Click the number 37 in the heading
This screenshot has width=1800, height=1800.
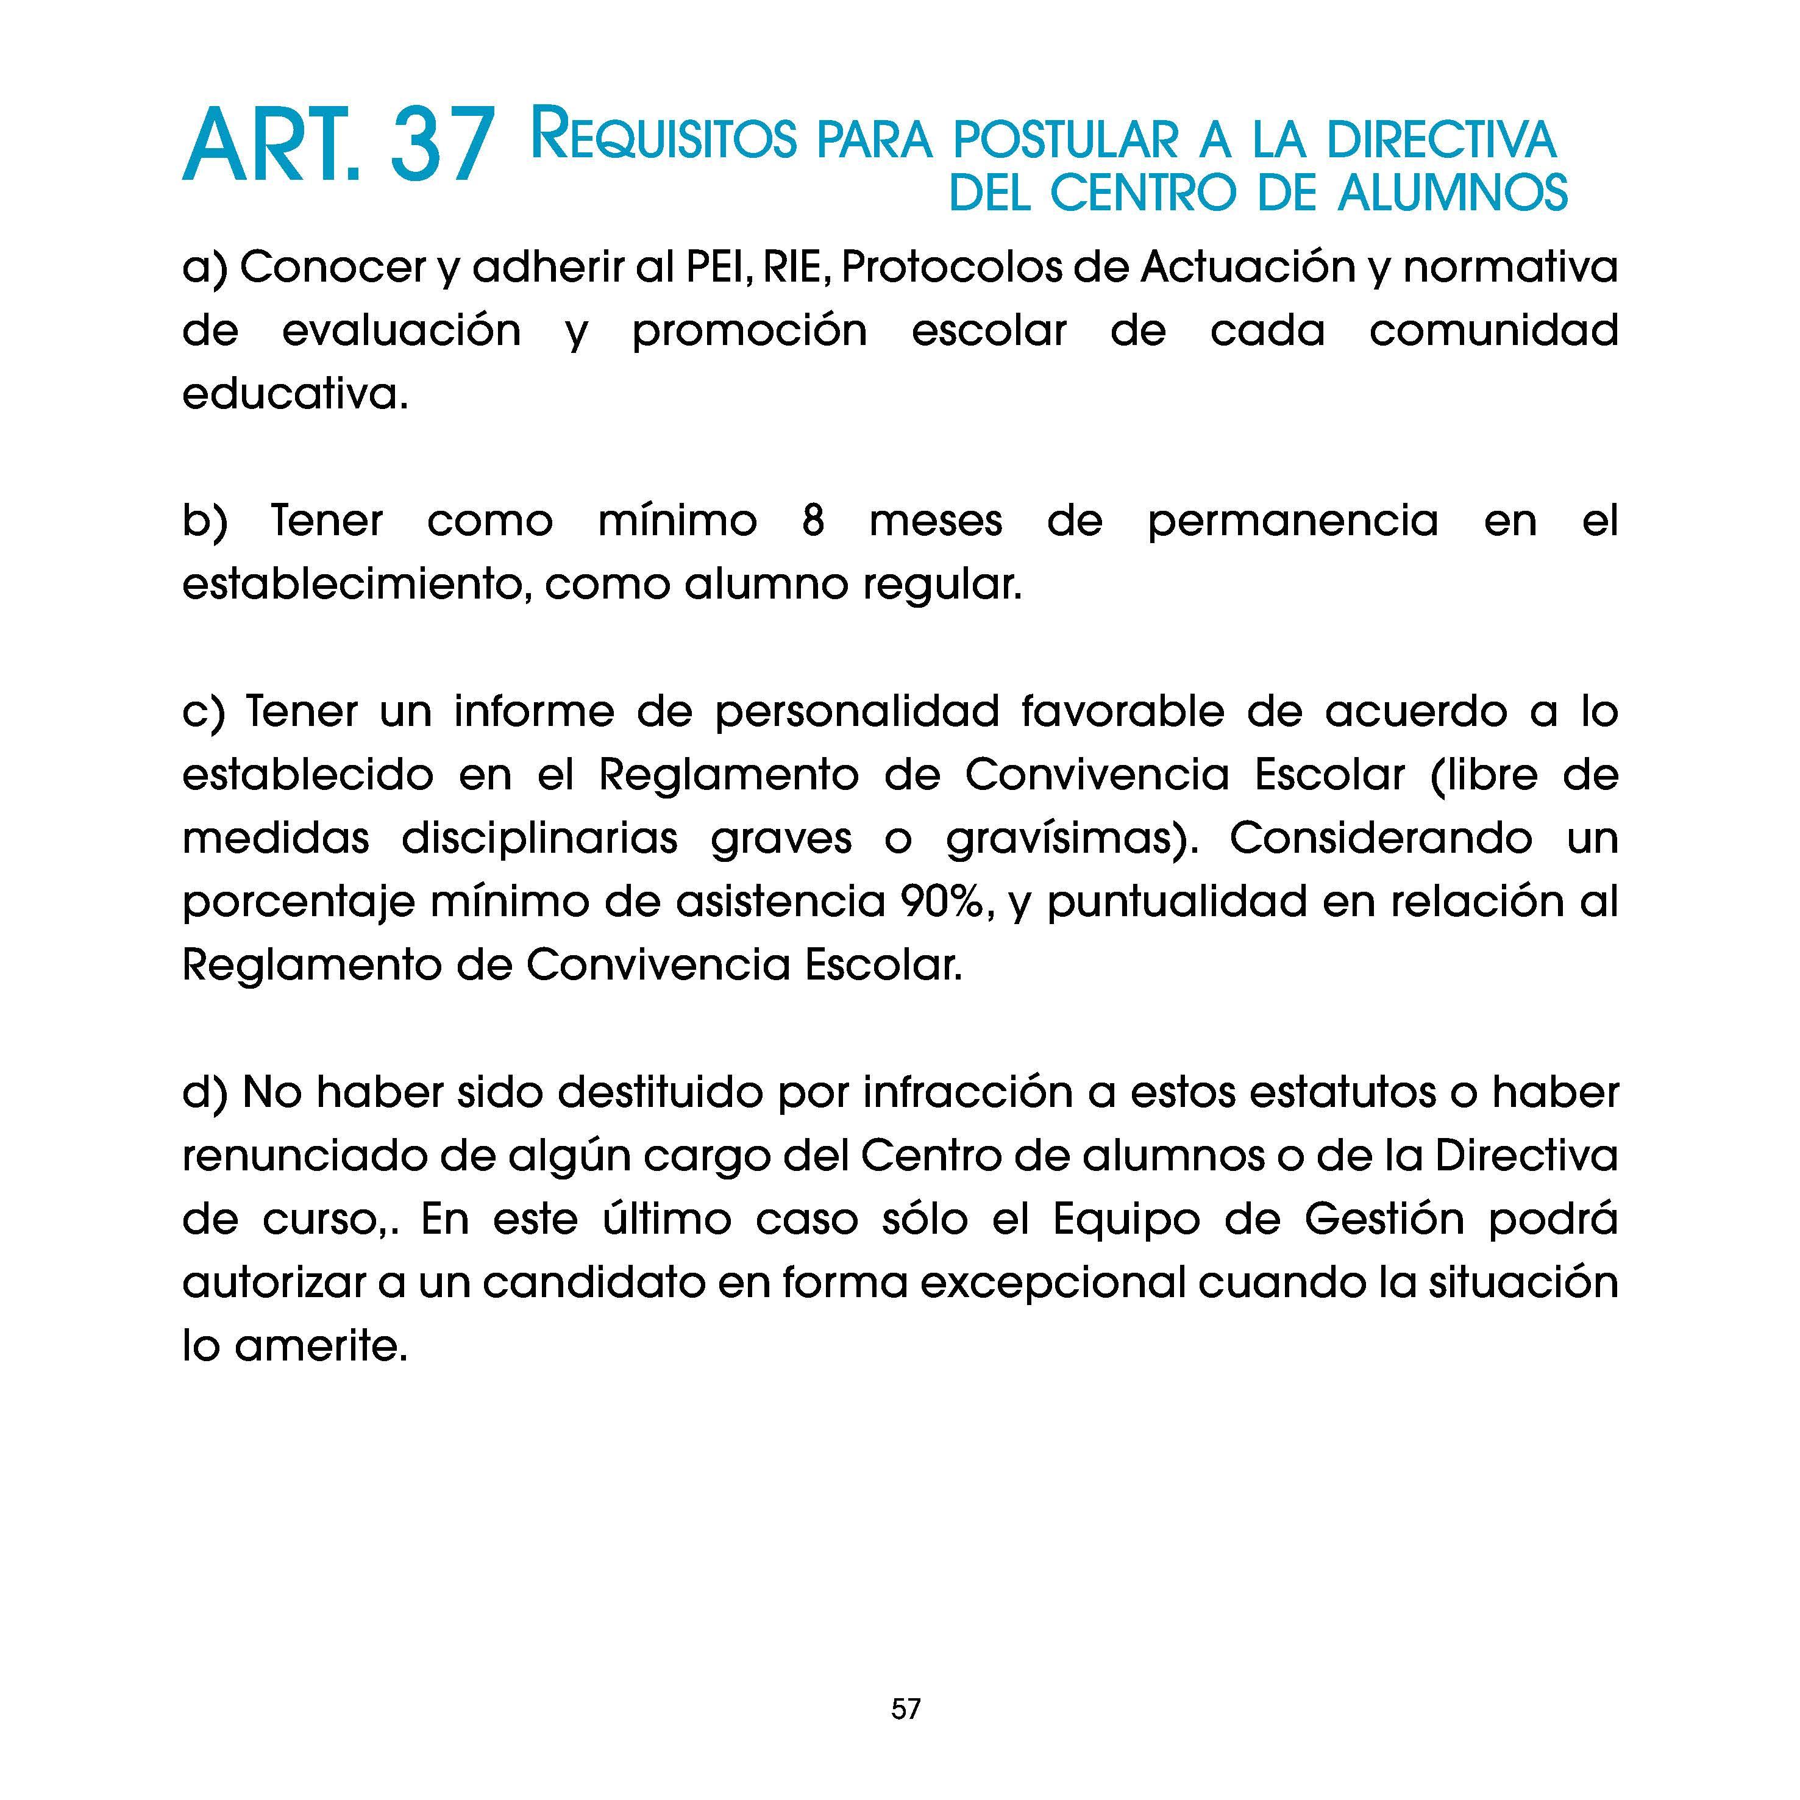pos(441,147)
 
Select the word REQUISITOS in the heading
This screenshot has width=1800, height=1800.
pos(663,137)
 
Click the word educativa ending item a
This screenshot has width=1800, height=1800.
pos(293,395)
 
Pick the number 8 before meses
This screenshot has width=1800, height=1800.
pos(813,521)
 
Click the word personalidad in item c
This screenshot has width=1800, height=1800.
pos(857,712)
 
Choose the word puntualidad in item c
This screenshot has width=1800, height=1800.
pos(1176,903)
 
